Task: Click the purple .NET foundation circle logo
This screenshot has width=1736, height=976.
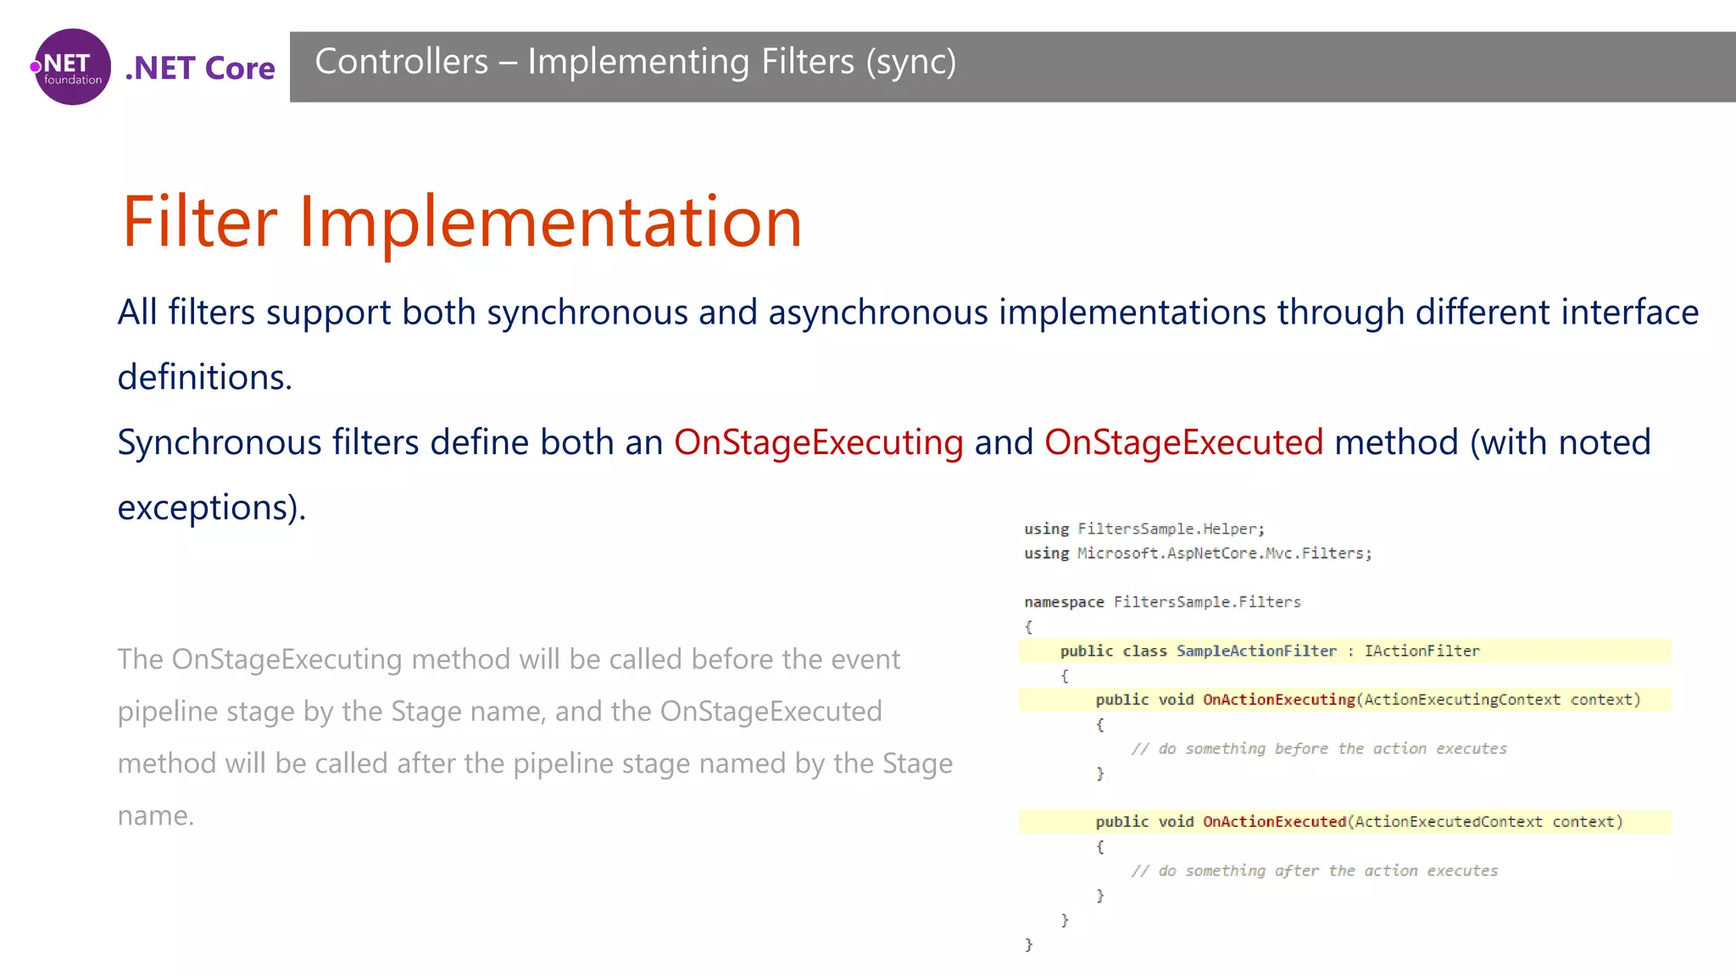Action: point(72,67)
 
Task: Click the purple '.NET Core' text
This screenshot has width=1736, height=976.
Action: point(200,68)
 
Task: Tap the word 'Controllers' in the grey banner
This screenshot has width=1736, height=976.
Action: point(401,62)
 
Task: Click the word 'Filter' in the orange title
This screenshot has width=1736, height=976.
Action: point(199,222)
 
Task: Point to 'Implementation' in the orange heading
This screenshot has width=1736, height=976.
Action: point(550,222)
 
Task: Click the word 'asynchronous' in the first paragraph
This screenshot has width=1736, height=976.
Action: point(878,312)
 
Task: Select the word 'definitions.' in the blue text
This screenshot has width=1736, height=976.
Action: point(204,377)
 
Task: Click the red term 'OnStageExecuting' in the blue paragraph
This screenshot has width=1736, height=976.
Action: point(818,442)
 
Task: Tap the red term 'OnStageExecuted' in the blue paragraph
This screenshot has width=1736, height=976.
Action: point(1183,442)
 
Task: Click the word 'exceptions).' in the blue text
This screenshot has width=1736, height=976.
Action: point(211,507)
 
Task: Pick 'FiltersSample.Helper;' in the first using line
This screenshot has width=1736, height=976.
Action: point(1171,529)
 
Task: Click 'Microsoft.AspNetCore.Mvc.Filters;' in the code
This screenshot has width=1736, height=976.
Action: point(1224,553)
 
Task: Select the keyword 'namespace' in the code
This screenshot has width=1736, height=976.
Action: point(1063,602)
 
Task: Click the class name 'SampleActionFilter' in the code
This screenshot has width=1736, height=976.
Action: point(1255,651)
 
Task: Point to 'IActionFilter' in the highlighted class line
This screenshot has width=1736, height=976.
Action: point(1422,651)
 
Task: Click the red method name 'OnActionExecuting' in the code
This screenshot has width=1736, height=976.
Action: point(1278,700)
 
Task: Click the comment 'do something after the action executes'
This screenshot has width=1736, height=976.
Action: point(1327,871)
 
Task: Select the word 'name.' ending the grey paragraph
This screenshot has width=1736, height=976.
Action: point(156,816)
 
